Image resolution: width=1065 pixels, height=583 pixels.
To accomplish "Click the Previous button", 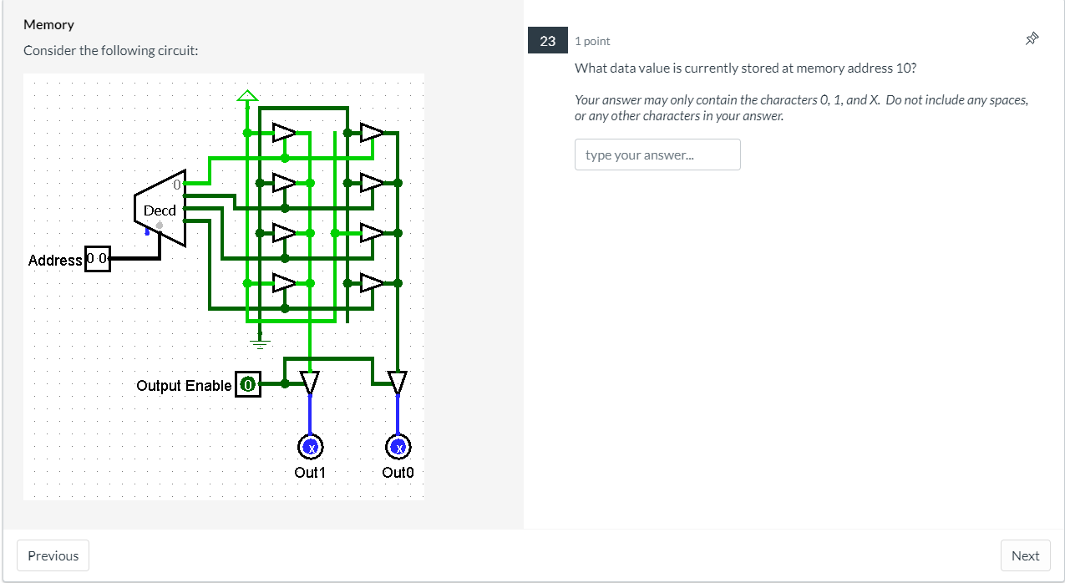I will pos(53,555).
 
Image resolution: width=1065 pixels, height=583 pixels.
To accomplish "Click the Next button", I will pos(1025,555).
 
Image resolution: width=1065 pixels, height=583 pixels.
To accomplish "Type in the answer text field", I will pos(657,155).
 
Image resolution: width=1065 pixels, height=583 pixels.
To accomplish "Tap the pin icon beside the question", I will pos(1032,38).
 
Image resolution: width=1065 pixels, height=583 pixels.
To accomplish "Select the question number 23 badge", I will pos(547,41).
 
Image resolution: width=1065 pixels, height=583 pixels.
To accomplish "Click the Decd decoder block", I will pos(160,209).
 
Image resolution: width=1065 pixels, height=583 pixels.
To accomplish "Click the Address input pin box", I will pos(98,259).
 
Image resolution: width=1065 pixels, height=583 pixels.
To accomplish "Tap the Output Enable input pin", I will pos(248,384).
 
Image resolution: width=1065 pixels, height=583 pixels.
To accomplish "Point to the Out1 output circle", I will pos(311,448).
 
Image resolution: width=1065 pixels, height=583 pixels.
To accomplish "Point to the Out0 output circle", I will pos(398,448).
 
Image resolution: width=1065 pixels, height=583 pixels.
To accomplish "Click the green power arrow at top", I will pos(247,95).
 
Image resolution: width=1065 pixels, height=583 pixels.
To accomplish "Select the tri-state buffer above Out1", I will pos(310,382).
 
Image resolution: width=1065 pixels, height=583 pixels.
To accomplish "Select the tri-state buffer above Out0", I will pos(398,382).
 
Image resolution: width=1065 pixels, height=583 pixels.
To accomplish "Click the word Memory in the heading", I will pos(48,25).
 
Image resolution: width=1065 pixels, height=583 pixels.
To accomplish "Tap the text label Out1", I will pos(310,473).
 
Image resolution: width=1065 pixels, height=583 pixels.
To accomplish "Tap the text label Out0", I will pos(398,473).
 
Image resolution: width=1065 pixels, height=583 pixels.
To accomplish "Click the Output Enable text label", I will pos(184,386).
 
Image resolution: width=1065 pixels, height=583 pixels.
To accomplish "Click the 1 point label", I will pos(592,41).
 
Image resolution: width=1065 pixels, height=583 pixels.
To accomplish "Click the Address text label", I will pos(55,261).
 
